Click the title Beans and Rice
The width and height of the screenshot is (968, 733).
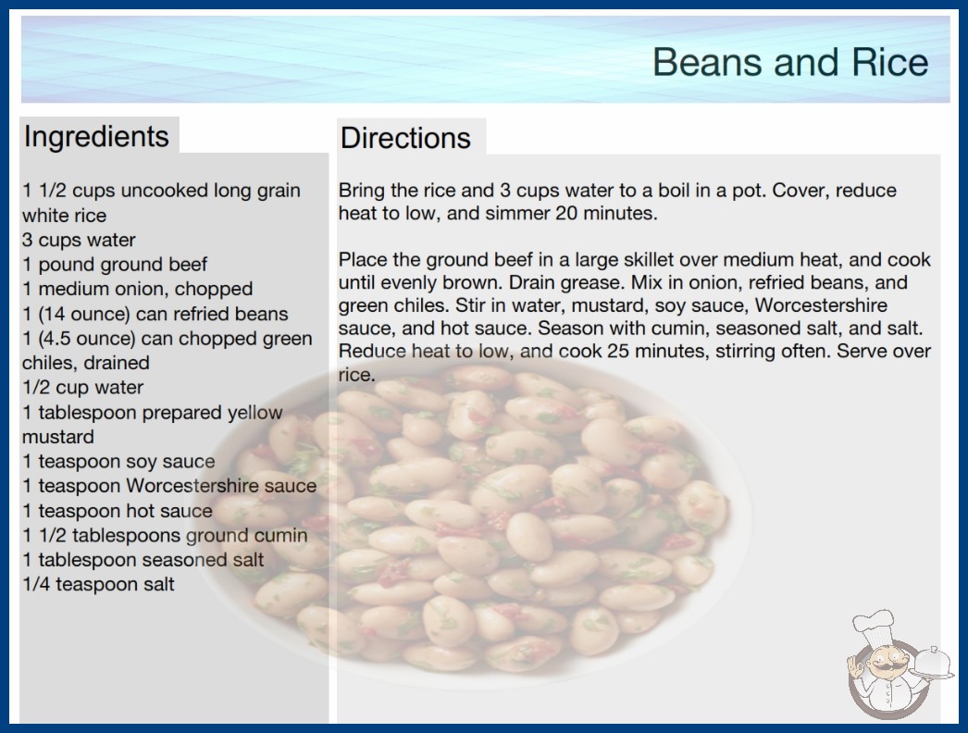point(790,62)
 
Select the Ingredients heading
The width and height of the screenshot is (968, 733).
point(96,137)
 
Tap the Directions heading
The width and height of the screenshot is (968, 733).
point(405,138)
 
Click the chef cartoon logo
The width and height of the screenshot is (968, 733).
point(899,665)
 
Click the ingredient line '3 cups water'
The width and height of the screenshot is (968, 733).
point(79,240)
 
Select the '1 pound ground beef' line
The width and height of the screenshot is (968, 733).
point(115,265)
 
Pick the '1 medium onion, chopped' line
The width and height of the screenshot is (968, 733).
point(138,289)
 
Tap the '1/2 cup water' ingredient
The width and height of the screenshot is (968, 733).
point(82,387)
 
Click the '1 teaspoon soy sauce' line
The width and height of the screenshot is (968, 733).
point(118,461)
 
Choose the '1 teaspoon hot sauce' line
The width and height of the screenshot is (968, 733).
point(118,511)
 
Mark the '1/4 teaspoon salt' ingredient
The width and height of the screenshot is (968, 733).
point(98,584)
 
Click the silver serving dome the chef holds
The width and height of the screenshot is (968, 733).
point(932,665)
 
